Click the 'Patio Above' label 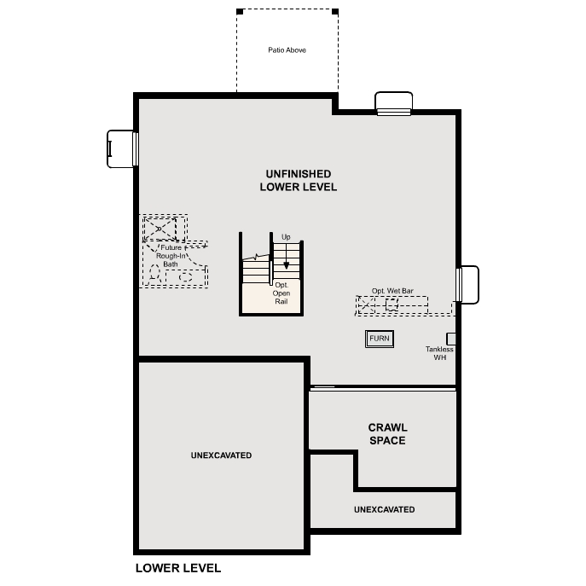pyautogui.click(x=287, y=50)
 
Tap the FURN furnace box pyautogui.click(x=380, y=339)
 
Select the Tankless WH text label pyautogui.click(x=439, y=353)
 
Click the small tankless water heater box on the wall pyautogui.click(x=451, y=339)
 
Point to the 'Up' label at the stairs pyautogui.click(x=286, y=237)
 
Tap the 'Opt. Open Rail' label pyautogui.click(x=281, y=293)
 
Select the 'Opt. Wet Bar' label pyautogui.click(x=392, y=291)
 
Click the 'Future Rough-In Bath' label pyautogui.click(x=171, y=256)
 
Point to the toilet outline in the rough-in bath pyautogui.click(x=154, y=272)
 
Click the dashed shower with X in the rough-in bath pyautogui.click(x=160, y=229)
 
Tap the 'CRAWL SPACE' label pyautogui.click(x=387, y=434)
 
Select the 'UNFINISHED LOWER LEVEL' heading pyautogui.click(x=299, y=181)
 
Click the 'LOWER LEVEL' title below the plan pyautogui.click(x=178, y=568)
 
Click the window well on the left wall pyautogui.click(x=120, y=148)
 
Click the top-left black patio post pyautogui.click(x=240, y=12)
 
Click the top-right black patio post pyautogui.click(x=335, y=12)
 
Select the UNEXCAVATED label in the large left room pyautogui.click(x=221, y=455)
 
